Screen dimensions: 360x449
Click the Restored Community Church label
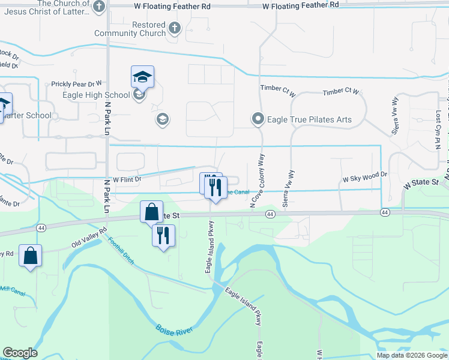point(130,29)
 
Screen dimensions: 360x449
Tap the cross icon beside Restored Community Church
point(175,28)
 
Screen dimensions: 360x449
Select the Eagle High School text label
point(96,95)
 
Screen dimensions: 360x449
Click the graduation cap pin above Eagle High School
point(142,77)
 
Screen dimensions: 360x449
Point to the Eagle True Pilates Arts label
point(310,119)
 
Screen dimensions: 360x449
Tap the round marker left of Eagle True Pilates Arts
point(258,119)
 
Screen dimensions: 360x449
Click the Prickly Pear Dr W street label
point(76,84)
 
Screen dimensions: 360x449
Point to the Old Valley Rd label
point(88,237)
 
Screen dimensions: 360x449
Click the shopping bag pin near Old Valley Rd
point(30,256)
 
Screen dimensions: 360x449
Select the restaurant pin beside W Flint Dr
point(215,187)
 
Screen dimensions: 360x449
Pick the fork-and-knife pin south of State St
point(163,236)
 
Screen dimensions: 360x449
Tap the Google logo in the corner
point(20,353)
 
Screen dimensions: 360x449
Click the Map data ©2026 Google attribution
point(412,355)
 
